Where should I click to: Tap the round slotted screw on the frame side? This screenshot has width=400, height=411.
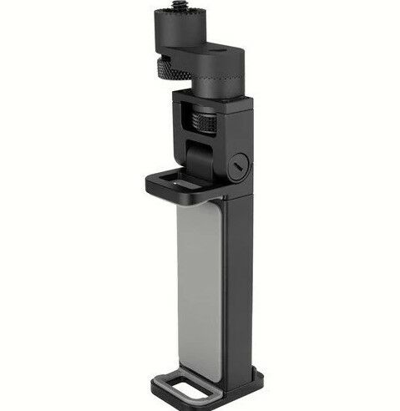(x=239, y=165)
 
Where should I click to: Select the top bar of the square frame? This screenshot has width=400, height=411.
(x=213, y=103)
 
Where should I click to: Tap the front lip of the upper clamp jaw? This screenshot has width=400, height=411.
(x=171, y=190)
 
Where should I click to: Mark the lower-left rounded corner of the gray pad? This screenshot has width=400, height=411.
(x=182, y=373)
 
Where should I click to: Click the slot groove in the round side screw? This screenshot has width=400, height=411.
(x=239, y=165)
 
